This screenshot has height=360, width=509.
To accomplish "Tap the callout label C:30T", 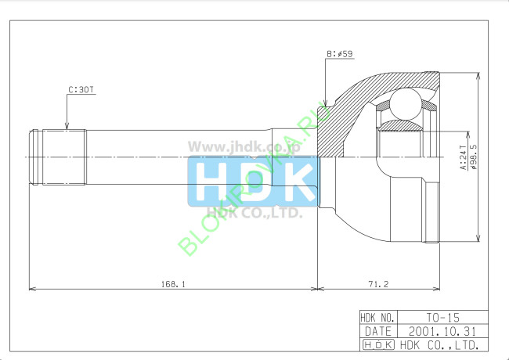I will pyautogui.click(x=81, y=90).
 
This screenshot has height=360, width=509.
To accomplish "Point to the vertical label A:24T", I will pyautogui.click(x=463, y=157).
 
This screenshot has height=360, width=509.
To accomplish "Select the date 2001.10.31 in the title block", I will pyautogui.click(x=442, y=331).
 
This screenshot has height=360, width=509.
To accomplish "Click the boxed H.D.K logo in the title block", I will pyautogui.click(x=378, y=344).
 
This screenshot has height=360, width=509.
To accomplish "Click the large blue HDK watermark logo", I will pyautogui.click(x=253, y=181).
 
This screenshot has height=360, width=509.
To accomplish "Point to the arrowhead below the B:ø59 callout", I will pyautogui.click(x=323, y=106).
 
